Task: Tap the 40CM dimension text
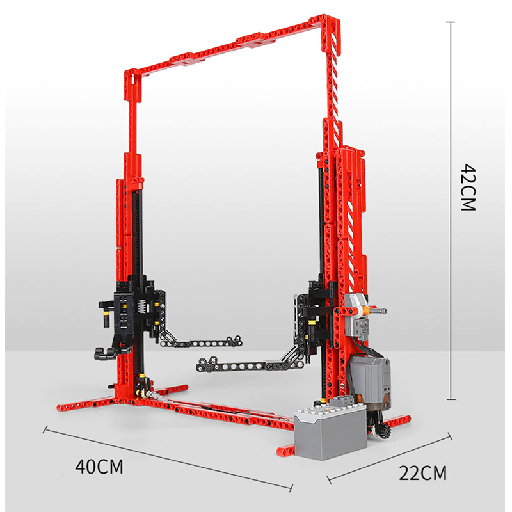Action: click(99, 466)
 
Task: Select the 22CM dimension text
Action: click(423, 474)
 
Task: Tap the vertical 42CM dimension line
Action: click(452, 211)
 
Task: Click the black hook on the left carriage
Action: click(101, 351)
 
